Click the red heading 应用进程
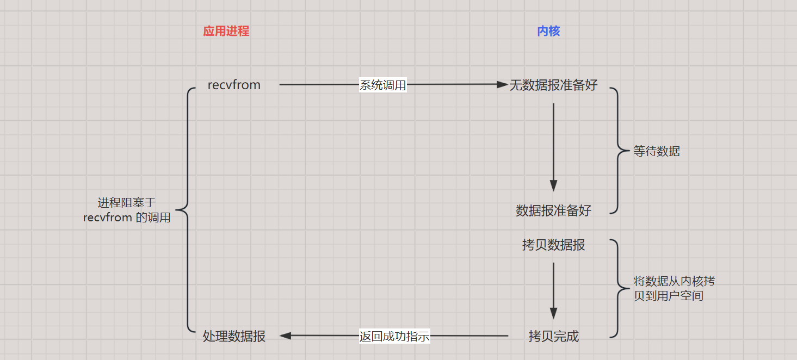(x=226, y=31)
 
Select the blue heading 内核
(x=548, y=31)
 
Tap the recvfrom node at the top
(x=234, y=85)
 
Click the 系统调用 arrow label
(x=382, y=85)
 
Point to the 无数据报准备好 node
(x=553, y=85)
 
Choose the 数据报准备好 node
(x=553, y=210)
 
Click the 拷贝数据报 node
(x=553, y=245)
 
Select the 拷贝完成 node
(x=553, y=337)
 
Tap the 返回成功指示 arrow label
(x=394, y=337)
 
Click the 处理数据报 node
(x=234, y=337)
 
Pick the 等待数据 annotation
(x=657, y=151)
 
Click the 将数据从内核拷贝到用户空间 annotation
(x=674, y=288)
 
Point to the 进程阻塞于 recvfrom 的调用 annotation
(x=127, y=210)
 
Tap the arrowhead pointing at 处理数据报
(x=285, y=336)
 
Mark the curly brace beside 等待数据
(x=619, y=151)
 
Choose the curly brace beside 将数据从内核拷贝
(x=619, y=288)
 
